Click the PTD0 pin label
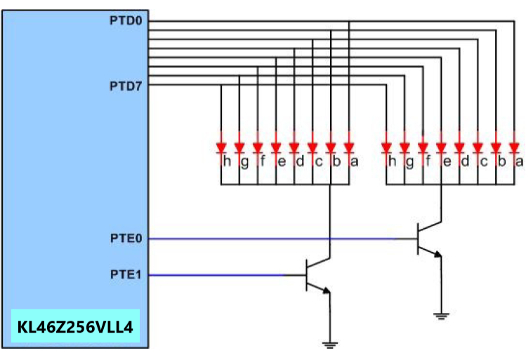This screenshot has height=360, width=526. click(126, 21)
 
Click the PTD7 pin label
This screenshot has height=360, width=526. click(126, 86)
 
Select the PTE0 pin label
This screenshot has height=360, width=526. click(126, 239)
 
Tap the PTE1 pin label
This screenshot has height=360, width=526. click(126, 274)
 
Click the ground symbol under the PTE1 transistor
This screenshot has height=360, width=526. click(329, 343)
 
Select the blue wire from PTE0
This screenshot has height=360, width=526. click(281, 239)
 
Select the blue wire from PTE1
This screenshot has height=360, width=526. click(218, 274)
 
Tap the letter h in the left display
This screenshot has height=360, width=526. click(226, 163)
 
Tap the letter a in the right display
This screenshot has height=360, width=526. click(519, 163)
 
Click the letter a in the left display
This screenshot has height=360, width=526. click(354, 163)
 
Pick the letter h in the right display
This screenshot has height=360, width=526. click(392, 163)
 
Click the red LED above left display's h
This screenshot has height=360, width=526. click(221, 147)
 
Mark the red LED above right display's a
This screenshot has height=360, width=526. click(515, 147)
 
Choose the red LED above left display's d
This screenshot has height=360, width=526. click(294, 147)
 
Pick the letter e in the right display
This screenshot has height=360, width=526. click(447, 163)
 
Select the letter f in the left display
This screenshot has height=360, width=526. click(263, 163)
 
